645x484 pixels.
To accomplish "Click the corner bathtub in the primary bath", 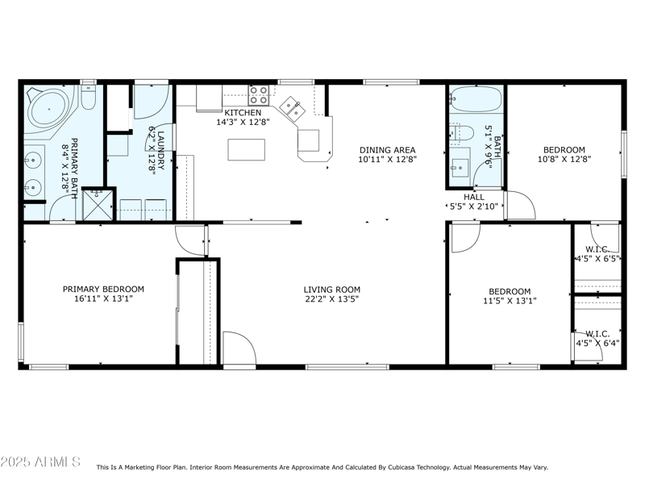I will click(48, 106).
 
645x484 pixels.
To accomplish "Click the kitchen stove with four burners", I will click(258, 94).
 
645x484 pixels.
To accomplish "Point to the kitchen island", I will click(246, 150).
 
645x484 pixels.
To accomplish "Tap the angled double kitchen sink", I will click(291, 107).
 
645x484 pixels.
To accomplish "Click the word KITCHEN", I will click(243, 113).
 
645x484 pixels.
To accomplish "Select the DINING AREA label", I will click(387, 149).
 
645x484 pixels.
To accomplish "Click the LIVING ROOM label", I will click(331, 290).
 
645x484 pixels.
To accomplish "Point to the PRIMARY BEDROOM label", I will click(103, 289).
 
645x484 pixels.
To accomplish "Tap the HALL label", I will click(473, 197).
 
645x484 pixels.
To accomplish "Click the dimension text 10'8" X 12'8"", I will click(564, 160).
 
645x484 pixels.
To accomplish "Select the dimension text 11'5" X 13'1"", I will click(510, 301).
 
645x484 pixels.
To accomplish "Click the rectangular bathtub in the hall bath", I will click(476, 100).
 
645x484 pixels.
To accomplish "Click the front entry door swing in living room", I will click(238, 348).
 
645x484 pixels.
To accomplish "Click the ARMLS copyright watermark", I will click(40, 462).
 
